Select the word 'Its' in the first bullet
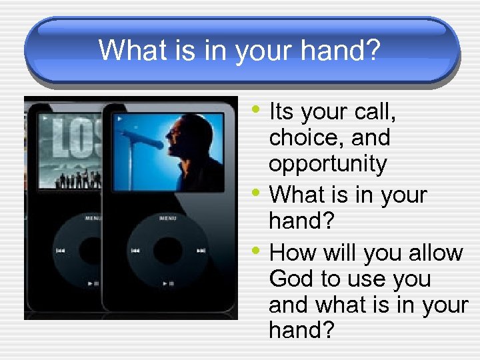point(283,112)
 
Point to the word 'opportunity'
point(327,164)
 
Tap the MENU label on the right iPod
point(169,217)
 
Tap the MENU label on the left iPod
point(91,217)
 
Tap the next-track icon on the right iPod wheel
point(201,251)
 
